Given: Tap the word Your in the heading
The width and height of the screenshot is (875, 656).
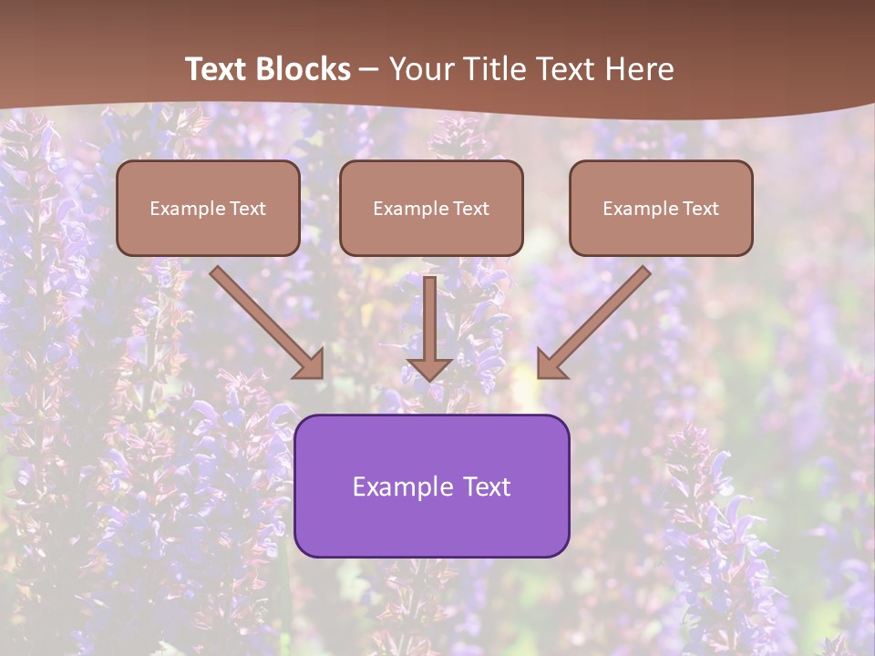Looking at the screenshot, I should point(421,69).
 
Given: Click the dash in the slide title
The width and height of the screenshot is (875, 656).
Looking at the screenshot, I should point(369,69).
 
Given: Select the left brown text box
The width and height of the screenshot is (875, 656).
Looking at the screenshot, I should point(208,208).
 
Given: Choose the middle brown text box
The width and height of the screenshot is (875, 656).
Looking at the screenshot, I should point(431,208).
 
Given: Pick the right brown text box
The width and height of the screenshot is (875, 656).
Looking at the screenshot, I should point(661,208).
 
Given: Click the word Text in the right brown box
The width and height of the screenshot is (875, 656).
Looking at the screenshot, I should point(700,209).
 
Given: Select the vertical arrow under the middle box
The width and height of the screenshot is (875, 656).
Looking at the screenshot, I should point(429,319).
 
